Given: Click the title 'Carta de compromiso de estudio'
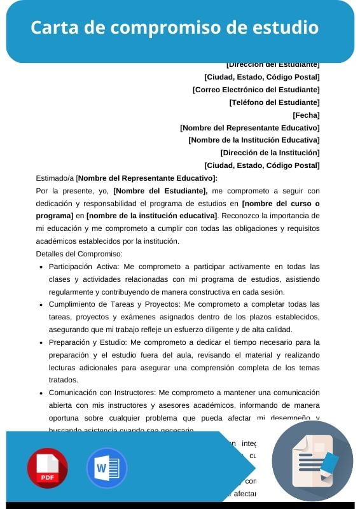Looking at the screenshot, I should pyautogui.click(x=175, y=29).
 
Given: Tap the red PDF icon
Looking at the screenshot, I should pyautogui.click(x=47, y=468).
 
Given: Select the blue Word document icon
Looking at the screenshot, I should pyautogui.click(x=106, y=468).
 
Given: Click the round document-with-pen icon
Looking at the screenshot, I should pyautogui.click(x=312, y=461).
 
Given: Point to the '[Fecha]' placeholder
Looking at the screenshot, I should pyautogui.click(x=306, y=115).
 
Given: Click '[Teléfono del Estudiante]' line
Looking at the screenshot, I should pyautogui.click(x=274, y=102).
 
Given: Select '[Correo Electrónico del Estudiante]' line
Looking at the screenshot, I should pyautogui.click(x=256, y=90).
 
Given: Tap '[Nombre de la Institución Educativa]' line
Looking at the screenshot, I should pyautogui.click(x=254, y=140).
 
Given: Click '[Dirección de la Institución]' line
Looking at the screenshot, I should pyautogui.click(x=270, y=153).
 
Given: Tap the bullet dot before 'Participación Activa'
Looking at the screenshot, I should pyautogui.click(x=41, y=267).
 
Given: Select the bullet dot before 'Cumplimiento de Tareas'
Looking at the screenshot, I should pyautogui.click(x=41, y=305).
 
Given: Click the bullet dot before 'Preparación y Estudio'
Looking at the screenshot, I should pyautogui.click(x=41, y=342).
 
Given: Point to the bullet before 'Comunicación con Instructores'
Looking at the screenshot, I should pyautogui.click(x=41, y=393).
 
